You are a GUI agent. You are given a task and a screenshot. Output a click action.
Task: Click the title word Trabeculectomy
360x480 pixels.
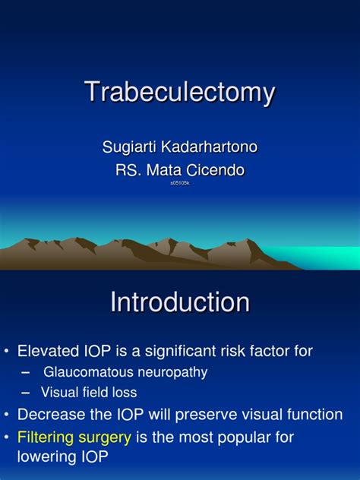179,93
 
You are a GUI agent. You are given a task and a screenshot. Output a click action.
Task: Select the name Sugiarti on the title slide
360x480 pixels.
129,147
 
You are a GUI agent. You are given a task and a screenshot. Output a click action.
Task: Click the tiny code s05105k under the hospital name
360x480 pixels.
180,183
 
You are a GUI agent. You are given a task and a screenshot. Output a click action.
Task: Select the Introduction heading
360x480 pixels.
180,303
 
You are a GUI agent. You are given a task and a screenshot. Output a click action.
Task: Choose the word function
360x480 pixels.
311,415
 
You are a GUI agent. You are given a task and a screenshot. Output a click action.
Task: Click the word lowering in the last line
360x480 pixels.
49,457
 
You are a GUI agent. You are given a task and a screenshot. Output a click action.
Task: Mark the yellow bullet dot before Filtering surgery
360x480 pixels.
7,437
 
